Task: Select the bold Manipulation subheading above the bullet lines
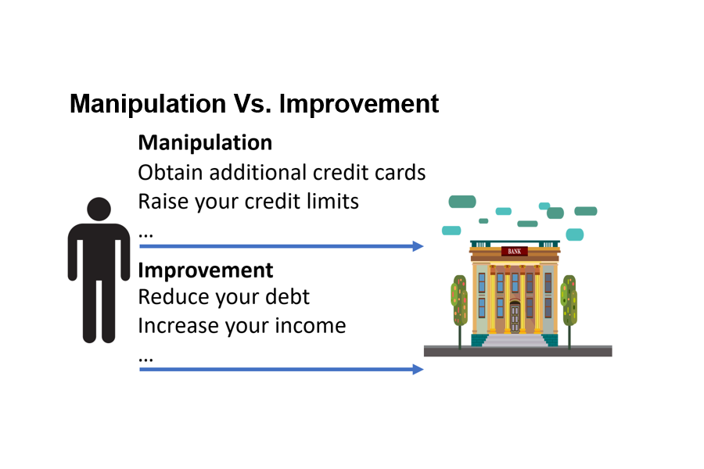[x=205, y=143]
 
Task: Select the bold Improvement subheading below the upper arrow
[x=206, y=270]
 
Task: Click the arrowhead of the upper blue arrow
[x=418, y=246]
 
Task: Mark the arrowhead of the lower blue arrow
[x=418, y=370]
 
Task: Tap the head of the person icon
[x=99, y=209]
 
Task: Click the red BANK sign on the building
[x=515, y=252]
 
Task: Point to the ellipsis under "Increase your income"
[x=146, y=360]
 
